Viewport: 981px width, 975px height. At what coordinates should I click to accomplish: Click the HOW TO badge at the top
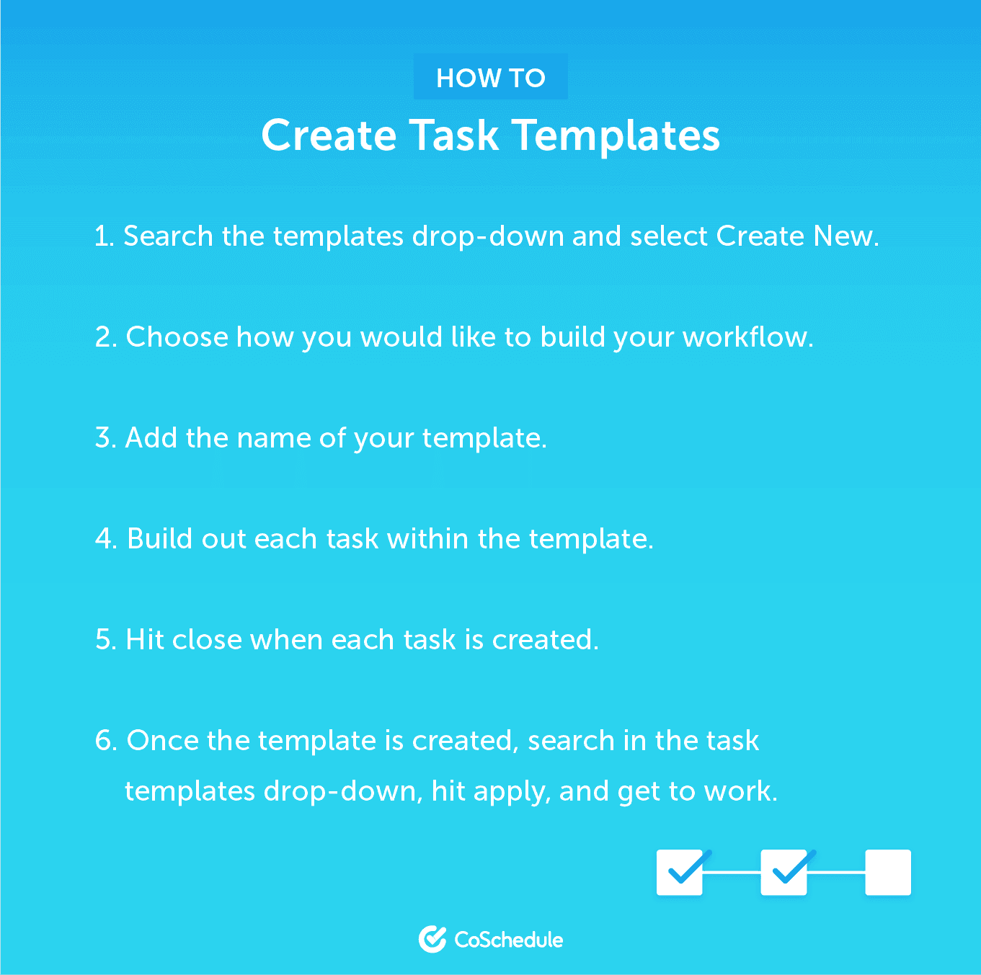490,77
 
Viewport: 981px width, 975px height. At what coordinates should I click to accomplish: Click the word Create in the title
329,135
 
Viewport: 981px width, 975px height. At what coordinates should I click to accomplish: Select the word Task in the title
454,135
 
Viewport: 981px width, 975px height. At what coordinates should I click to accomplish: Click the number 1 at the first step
103,236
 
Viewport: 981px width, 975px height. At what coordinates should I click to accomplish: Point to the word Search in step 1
168,236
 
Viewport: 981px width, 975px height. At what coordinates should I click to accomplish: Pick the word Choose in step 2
177,337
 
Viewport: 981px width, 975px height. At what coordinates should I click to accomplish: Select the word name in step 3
274,438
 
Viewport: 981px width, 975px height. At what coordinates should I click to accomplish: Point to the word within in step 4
427,538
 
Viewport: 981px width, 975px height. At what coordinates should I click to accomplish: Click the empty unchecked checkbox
888,872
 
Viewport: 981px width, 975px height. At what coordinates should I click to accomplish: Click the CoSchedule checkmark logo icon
432,939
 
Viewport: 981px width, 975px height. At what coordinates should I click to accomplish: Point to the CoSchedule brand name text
509,940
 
